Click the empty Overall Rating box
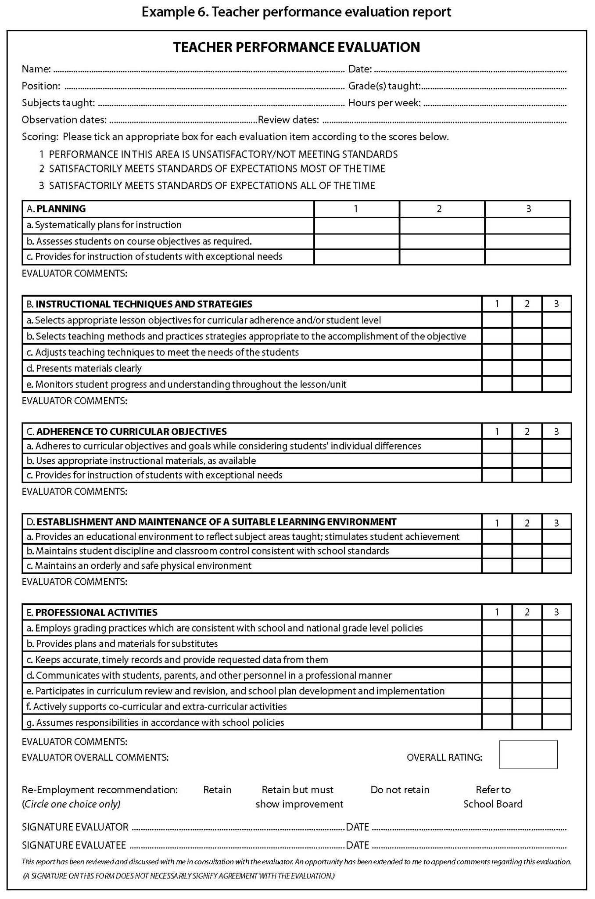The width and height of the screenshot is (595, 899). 528,755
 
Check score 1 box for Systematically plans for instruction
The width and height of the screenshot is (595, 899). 356,226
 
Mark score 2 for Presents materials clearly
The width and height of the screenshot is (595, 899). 527,368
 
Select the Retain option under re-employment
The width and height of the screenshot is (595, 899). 217,790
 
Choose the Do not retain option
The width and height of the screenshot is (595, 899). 400,790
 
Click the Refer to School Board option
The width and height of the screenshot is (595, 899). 493,797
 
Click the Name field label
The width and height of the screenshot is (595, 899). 36,69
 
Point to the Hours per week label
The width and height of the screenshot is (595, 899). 384,103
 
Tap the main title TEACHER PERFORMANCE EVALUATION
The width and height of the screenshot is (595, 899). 296,47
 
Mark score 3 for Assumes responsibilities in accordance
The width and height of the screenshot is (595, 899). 556,722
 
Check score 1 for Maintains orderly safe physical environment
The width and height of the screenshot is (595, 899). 497,565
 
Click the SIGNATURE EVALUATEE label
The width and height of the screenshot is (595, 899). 74,845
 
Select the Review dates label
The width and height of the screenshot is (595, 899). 288,120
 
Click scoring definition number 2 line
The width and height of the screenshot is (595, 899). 212,169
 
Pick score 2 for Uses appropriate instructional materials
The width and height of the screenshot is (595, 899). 527,460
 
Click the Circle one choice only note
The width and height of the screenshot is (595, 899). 71,804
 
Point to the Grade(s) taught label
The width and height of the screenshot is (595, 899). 384,86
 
